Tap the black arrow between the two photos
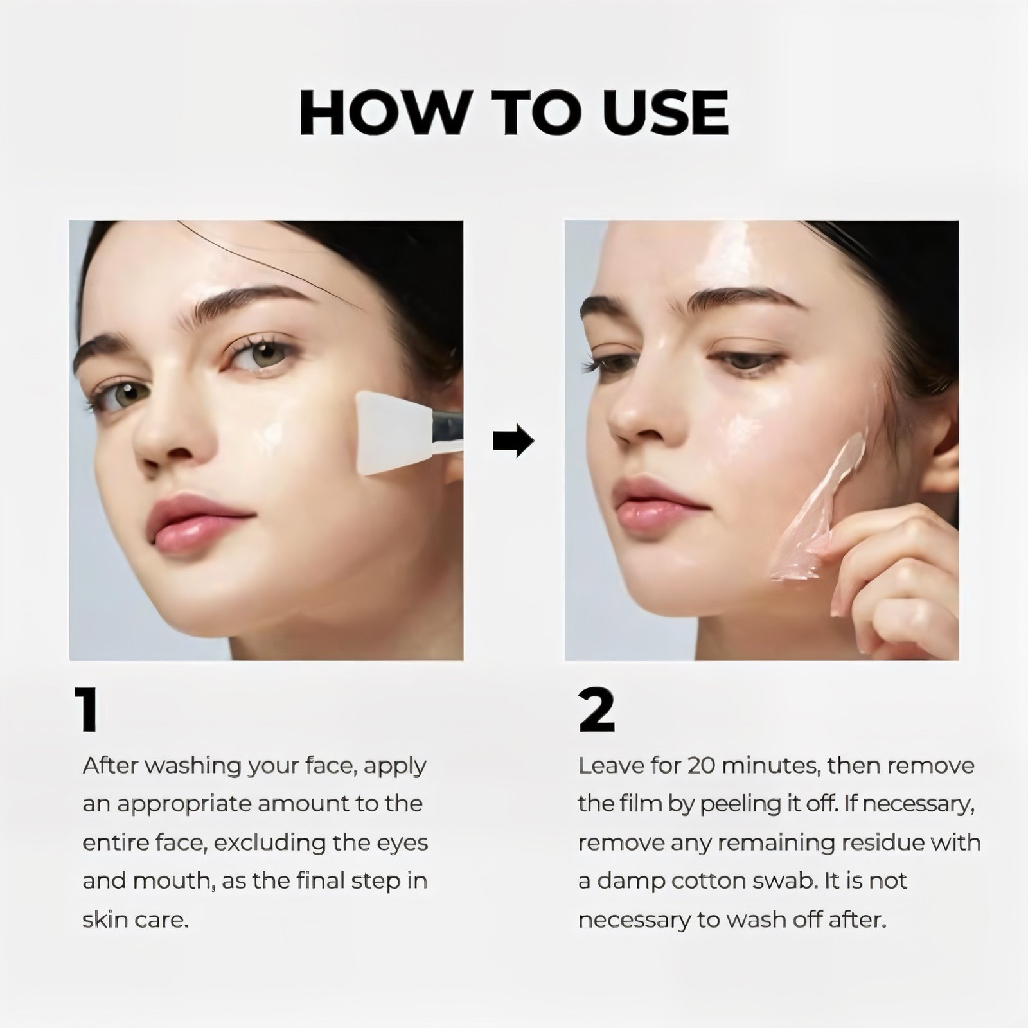pyautogui.click(x=513, y=441)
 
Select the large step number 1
pyautogui.click(x=86, y=709)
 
